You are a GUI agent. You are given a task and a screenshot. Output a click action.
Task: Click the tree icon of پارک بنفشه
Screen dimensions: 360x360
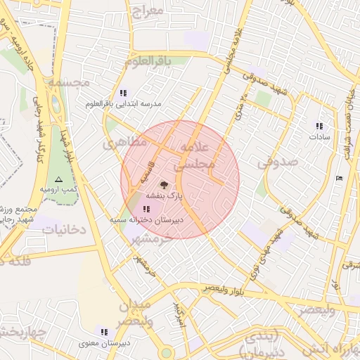164,185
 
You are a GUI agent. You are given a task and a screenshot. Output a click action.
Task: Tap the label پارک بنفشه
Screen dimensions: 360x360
165,195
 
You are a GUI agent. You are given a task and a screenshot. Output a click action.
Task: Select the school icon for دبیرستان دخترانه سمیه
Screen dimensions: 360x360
146,209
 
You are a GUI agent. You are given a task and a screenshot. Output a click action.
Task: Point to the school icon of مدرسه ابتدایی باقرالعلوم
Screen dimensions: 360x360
123,93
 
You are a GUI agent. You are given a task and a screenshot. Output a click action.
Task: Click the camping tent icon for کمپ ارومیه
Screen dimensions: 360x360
58,180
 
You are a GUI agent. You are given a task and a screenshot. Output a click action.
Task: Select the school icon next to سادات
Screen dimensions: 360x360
319,126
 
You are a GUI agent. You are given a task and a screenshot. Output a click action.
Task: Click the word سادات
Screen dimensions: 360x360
319,136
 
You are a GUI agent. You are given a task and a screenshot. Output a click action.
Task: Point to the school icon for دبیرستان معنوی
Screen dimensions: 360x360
104,332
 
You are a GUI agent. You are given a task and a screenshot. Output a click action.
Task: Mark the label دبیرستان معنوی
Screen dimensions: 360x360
103,342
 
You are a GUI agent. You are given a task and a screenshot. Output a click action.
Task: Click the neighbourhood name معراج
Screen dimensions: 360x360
146,11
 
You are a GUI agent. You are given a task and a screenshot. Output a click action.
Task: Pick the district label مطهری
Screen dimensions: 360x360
126,143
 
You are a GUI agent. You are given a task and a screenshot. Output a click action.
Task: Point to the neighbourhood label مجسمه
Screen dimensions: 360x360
69,82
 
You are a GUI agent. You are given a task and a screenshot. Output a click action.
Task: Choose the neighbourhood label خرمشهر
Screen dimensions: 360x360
148,240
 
